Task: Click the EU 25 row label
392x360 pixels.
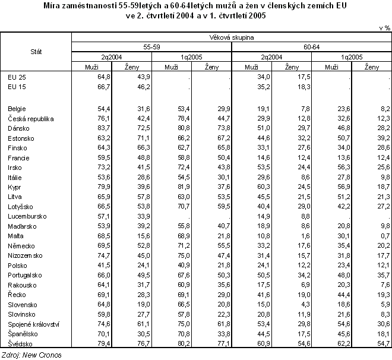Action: (17, 77)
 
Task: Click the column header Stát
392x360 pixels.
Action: (36, 53)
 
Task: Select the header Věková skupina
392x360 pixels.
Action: (231, 37)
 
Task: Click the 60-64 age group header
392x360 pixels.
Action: (311, 46)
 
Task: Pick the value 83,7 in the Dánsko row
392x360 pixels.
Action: (105, 128)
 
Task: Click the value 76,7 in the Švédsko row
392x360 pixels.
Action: (143, 344)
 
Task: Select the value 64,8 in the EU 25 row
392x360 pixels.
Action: (105, 77)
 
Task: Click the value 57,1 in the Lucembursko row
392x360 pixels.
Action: (105, 216)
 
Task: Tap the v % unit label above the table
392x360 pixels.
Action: (383, 28)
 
